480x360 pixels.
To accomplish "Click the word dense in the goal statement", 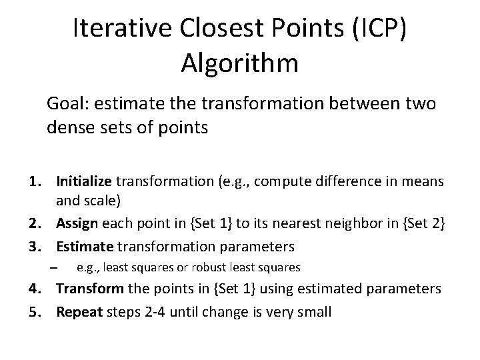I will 67,127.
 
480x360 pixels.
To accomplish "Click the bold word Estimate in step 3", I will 85,246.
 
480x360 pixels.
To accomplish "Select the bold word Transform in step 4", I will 89,289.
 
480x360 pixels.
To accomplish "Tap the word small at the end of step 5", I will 313,311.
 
